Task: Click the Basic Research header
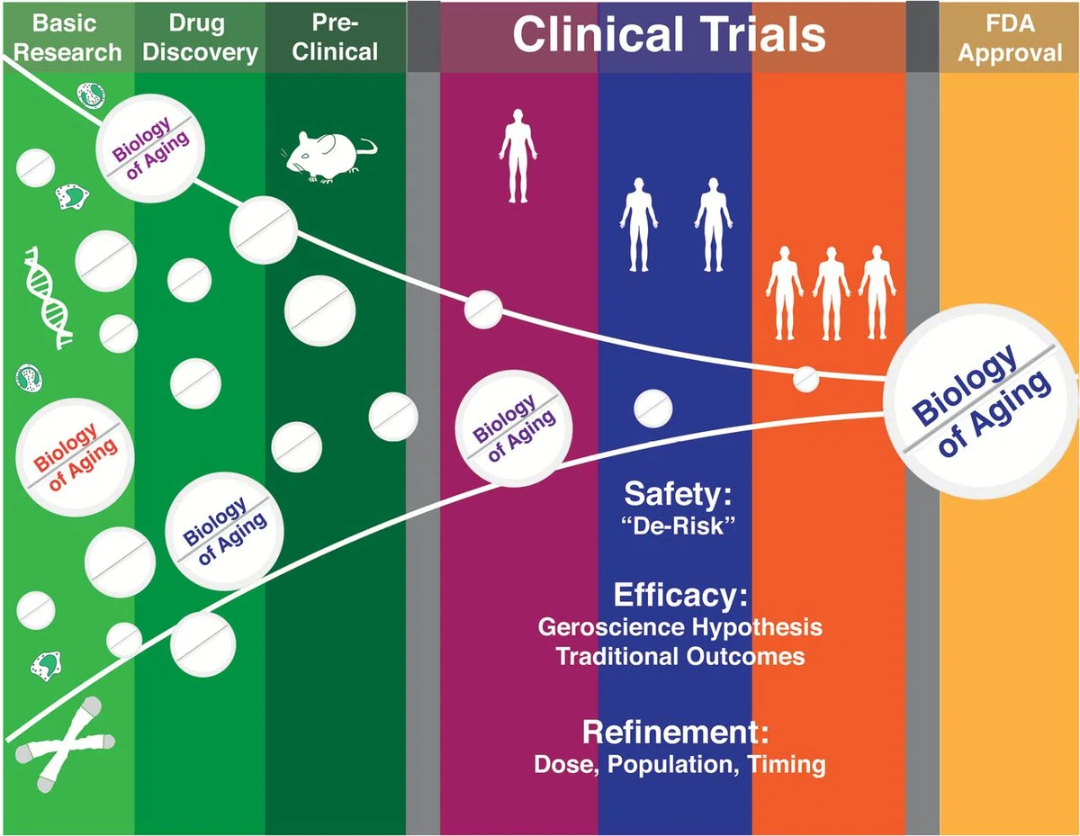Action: tap(67, 38)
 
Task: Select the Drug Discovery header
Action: tap(200, 38)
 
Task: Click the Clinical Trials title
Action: tap(669, 34)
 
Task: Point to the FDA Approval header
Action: tap(1010, 38)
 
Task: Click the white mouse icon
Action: tap(330, 157)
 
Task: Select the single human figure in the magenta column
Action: tap(517, 156)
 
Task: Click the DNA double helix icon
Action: tap(49, 297)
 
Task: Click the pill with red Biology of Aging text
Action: tap(75, 457)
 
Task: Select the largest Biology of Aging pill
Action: tap(980, 401)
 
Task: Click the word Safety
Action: tap(678, 494)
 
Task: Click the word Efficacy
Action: tap(680, 595)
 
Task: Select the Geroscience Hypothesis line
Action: tap(679, 628)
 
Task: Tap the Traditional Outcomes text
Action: tap(679, 656)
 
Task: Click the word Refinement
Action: tap(675, 733)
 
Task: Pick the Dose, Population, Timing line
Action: tap(679, 765)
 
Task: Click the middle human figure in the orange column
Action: tap(831, 293)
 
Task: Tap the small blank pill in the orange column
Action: tap(805, 380)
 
